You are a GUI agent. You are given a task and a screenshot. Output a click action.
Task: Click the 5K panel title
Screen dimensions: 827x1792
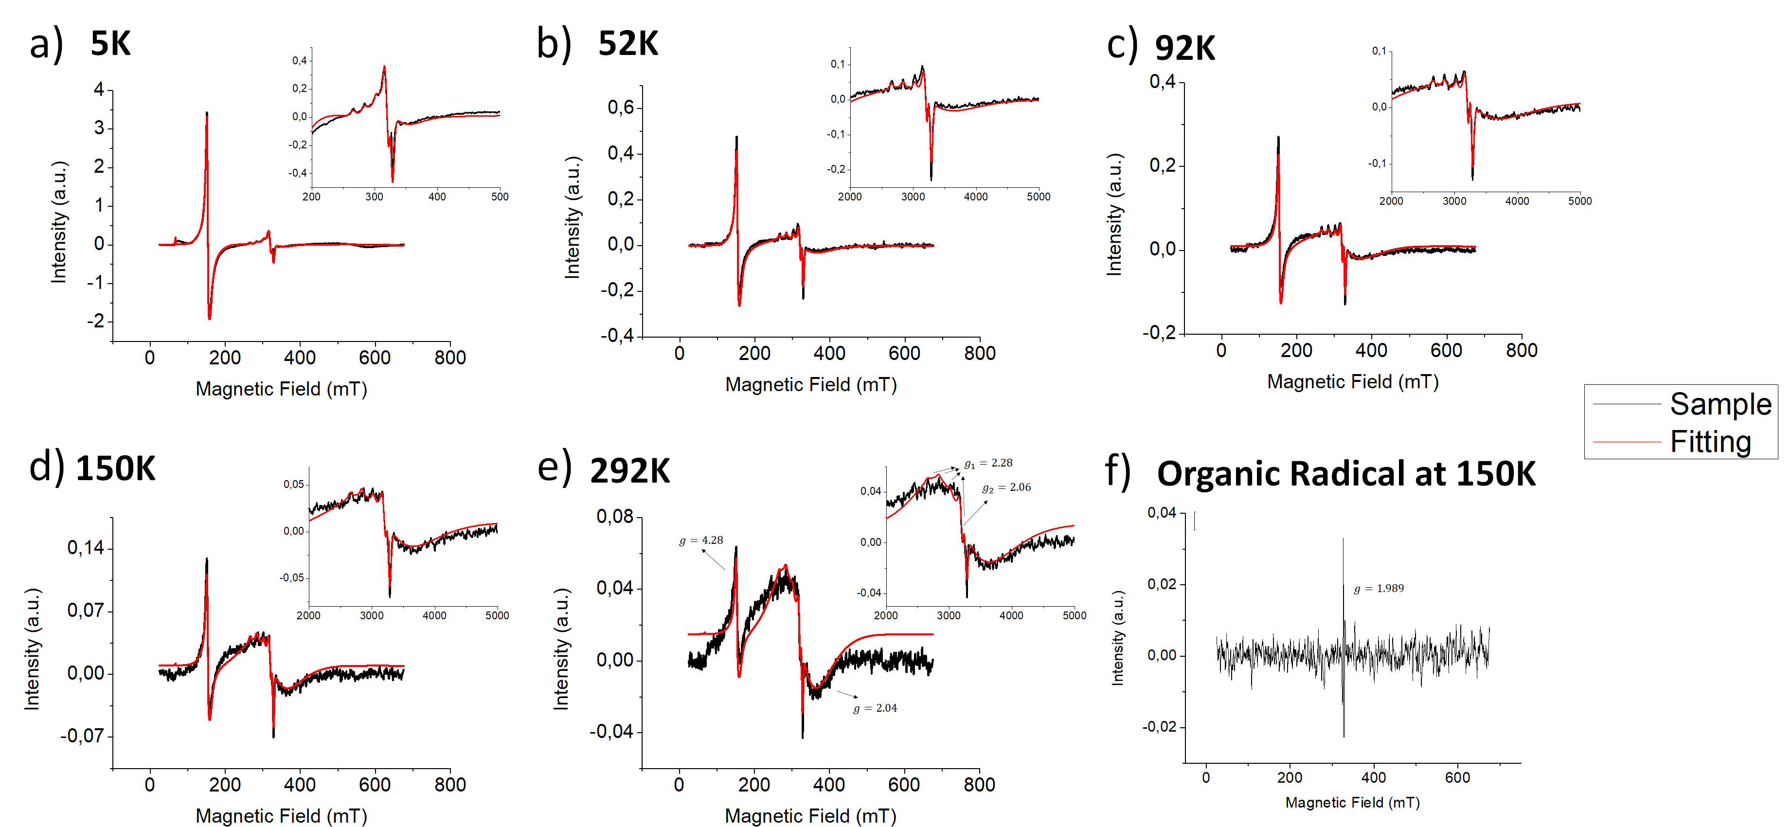coord(110,44)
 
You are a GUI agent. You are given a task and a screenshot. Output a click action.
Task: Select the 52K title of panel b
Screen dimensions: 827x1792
coord(627,44)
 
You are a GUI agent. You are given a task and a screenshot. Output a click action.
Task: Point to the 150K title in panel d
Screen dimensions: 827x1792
coord(115,469)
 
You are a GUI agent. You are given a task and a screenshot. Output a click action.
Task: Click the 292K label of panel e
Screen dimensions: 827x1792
coord(629,471)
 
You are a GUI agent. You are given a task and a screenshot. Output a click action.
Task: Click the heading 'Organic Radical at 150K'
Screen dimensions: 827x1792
coord(1346,474)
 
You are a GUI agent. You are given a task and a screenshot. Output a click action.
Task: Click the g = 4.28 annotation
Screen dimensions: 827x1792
coord(701,540)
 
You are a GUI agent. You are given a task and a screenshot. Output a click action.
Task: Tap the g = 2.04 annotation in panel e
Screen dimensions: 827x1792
coord(875,708)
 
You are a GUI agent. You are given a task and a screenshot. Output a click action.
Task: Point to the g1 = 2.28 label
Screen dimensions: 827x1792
coord(988,463)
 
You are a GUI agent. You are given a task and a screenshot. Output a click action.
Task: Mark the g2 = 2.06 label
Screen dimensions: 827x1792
coord(1006,487)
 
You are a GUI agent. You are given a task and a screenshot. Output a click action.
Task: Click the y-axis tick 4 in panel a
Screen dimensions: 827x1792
coord(99,90)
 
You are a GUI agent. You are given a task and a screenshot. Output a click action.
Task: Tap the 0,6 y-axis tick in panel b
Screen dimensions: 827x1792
coord(621,107)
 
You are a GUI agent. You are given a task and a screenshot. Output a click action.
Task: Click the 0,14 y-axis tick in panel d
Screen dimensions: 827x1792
coord(86,548)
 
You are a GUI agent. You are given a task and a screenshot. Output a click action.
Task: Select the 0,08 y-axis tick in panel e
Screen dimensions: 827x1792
coord(615,517)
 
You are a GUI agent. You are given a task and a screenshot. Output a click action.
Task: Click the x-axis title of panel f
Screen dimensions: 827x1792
coord(1352,803)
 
